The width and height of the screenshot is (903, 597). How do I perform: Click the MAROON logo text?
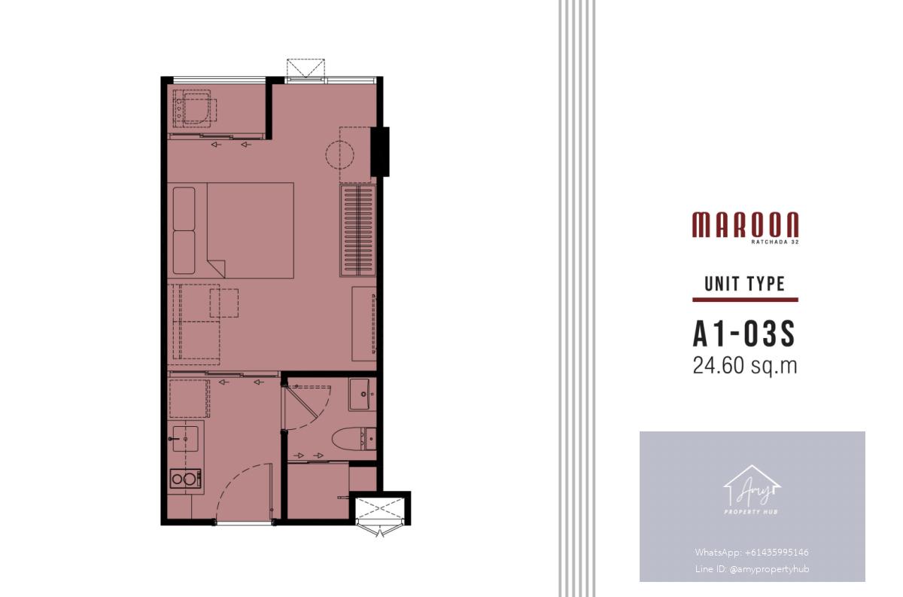point(746,224)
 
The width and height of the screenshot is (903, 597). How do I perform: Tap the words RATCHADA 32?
point(775,242)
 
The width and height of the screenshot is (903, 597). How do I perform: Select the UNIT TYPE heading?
point(745,284)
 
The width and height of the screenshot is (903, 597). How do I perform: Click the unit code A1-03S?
point(744,334)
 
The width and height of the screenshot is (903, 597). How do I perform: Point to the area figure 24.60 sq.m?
point(745,366)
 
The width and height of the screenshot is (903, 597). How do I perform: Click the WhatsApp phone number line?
point(752,553)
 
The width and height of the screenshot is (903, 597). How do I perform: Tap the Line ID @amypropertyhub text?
point(752,568)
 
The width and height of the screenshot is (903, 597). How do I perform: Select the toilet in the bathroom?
point(354,438)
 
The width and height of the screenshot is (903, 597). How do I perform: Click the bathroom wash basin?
point(362,394)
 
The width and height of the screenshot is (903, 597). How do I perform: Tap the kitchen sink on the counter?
point(185,439)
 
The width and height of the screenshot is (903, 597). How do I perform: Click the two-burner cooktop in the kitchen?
point(185,479)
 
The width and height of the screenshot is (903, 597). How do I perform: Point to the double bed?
point(230,230)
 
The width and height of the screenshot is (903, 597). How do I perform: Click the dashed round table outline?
point(340,154)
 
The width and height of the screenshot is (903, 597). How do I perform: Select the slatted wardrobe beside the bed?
point(358,230)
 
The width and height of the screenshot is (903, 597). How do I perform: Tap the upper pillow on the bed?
point(184,209)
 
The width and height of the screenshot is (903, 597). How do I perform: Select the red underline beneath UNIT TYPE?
point(745,300)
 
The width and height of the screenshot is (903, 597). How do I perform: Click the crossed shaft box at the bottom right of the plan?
point(380,510)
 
